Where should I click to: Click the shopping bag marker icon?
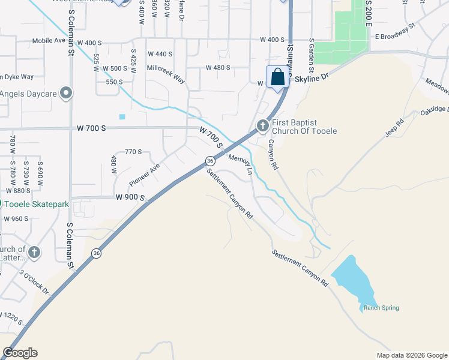[x=277, y=77]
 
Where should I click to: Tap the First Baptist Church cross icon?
[x=262, y=125]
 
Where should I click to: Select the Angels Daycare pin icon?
[x=67, y=93]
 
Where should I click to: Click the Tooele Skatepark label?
[x=35, y=203]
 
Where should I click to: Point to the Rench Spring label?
[x=381, y=308]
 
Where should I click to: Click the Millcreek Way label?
[x=166, y=68]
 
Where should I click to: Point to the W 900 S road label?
[x=131, y=197]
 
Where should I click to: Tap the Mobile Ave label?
[x=47, y=42]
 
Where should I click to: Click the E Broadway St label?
[x=395, y=32]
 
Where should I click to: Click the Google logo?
[x=20, y=353]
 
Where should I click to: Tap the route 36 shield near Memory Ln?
[x=209, y=161]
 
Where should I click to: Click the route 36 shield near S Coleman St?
[x=97, y=254]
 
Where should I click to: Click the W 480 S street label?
[x=218, y=68]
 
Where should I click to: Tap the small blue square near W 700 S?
[x=122, y=116]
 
